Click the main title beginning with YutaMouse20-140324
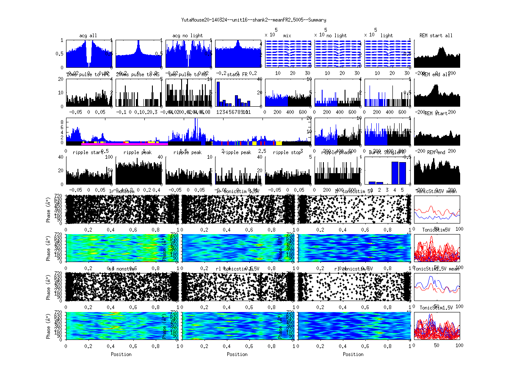coord(254,20)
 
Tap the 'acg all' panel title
coord(88,36)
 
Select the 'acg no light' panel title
coord(188,36)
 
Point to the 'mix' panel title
coord(287,36)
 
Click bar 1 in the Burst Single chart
coord(372,183)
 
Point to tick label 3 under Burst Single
coord(387,190)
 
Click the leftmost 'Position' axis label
coord(121,354)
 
